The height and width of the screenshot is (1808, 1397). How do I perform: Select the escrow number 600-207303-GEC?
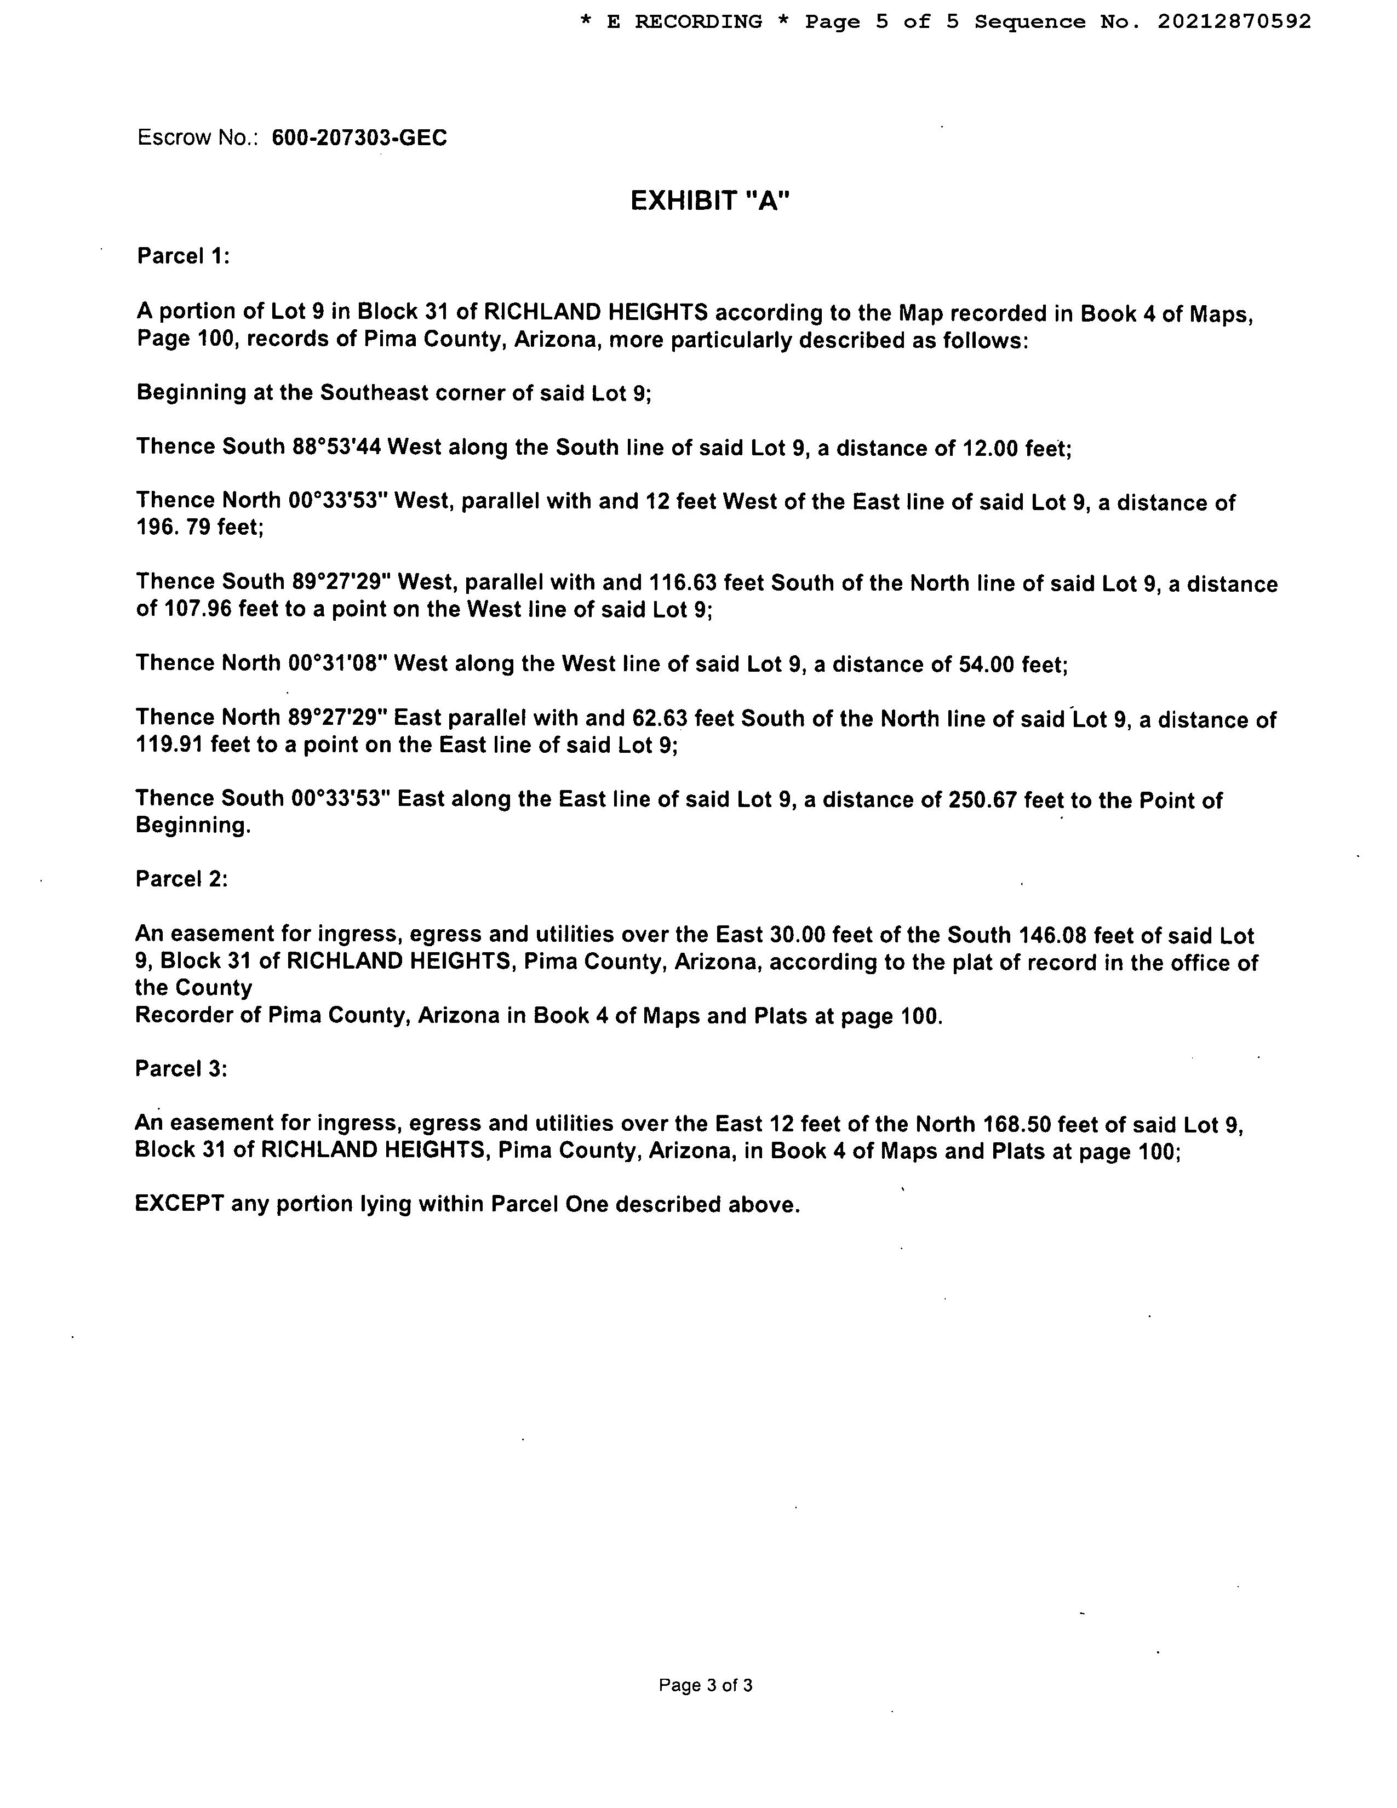[x=359, y=138]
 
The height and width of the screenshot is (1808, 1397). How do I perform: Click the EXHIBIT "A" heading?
[x=710, y=201]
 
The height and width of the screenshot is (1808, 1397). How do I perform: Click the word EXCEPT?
[x=179, y=1204]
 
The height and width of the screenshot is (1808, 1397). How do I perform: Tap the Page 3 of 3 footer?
[x=705, y=1685]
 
